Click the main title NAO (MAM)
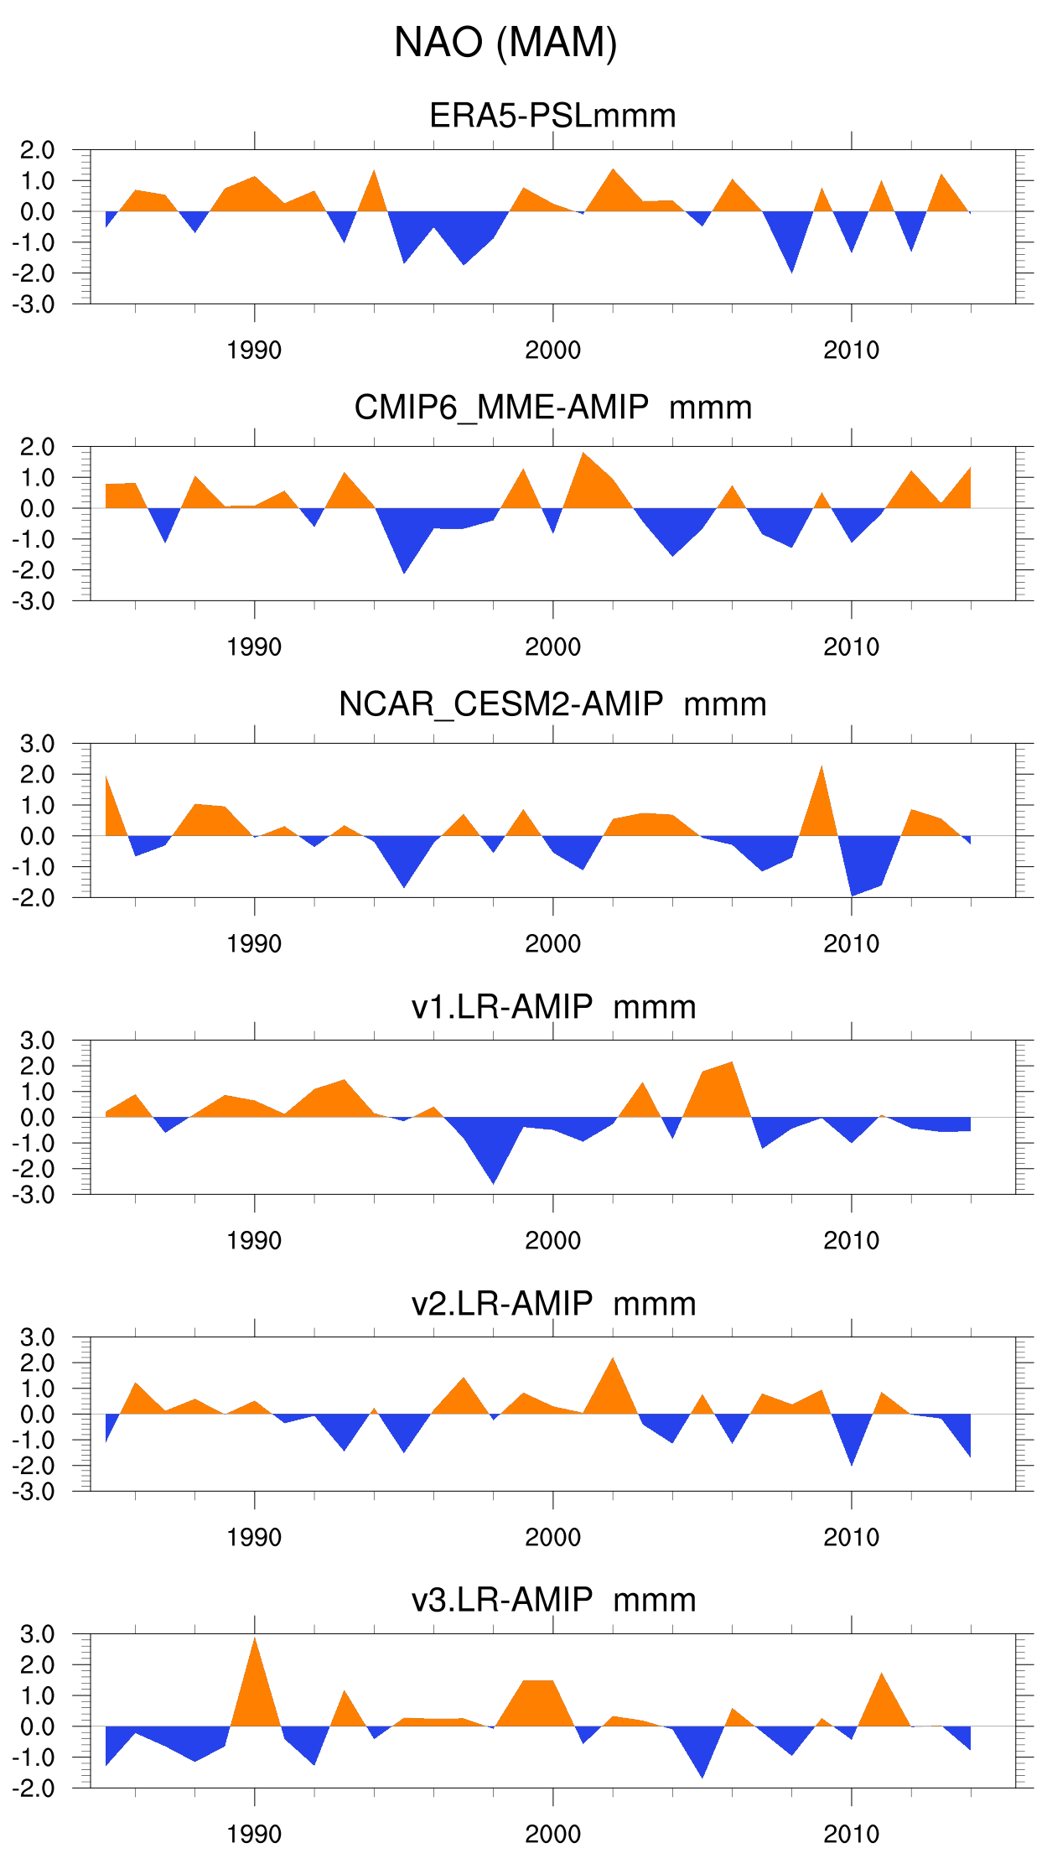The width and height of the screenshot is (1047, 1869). (x=505, y=43)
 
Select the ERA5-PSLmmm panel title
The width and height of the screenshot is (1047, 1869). (x=552, y=116)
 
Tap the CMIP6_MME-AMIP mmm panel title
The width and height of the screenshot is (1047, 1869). (x=552, y=408)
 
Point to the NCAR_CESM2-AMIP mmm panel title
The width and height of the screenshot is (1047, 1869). (x=552, y=704)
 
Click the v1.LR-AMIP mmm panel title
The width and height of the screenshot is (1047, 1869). (x=553, y=1006)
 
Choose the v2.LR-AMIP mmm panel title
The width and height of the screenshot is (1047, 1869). (x=553, y=1304)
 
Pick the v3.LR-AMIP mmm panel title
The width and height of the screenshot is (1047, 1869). (x=553, y=1600)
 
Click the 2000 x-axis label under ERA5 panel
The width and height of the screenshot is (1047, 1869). (x=552, y=350)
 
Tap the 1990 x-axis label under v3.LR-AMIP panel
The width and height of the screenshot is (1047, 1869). (x=254, y=1835)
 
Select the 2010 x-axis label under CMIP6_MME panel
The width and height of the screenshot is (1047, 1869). (x=851, y=647)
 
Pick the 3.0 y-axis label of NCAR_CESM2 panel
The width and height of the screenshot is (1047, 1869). (x=37, y=744)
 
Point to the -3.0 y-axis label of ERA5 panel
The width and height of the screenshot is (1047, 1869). (x=34, y=304)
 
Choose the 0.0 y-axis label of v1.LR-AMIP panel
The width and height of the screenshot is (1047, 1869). (x=37, y=1118)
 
